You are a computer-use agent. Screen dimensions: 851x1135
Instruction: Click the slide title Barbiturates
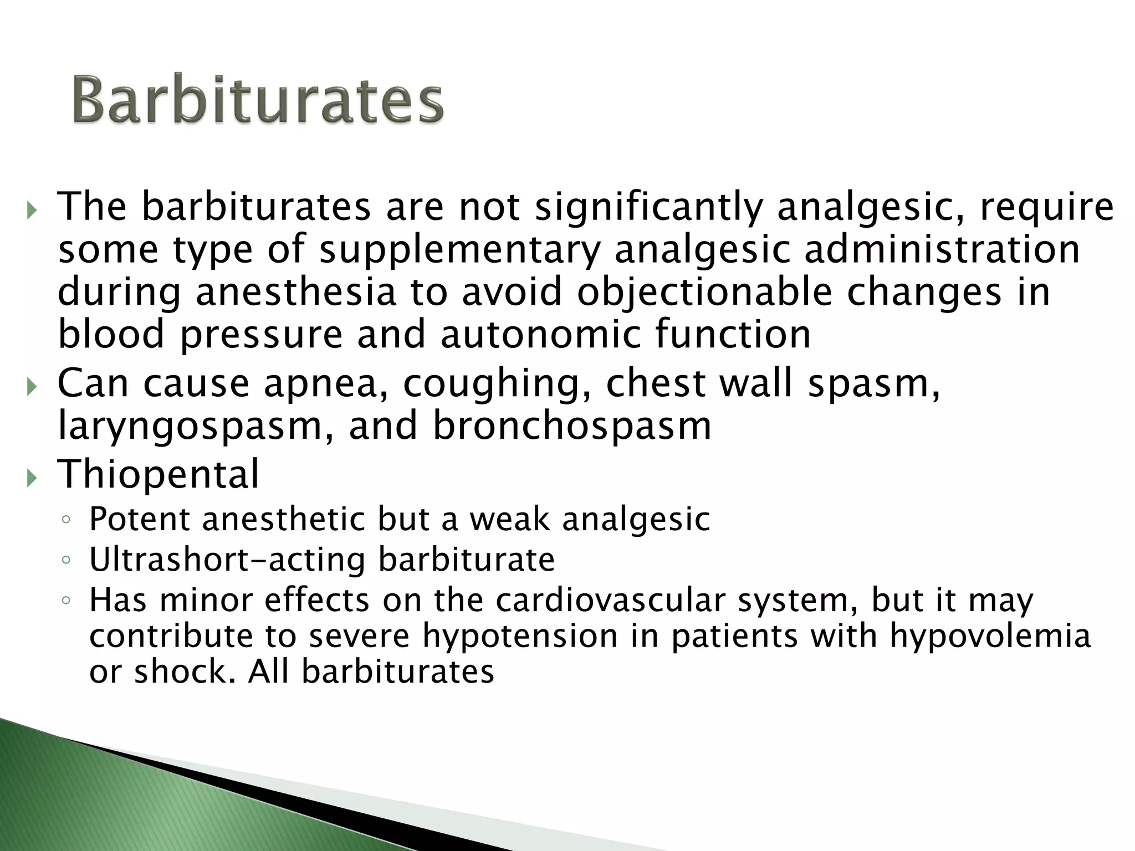(x=258, y=100)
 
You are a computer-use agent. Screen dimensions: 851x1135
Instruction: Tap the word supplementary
(x=460, y=250)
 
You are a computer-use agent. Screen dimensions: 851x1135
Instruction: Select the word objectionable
(x=704, y=292)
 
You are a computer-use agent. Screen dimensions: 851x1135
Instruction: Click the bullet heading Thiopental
(x=159, y=474)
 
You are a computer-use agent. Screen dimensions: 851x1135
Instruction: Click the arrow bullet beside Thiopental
(x=32, y=476)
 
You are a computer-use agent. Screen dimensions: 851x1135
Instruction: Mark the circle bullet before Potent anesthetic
(x=66, y=520)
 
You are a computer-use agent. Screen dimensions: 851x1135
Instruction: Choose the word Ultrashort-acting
(x=227, y=559)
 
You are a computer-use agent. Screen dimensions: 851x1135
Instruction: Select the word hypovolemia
(x=990, y=635)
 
